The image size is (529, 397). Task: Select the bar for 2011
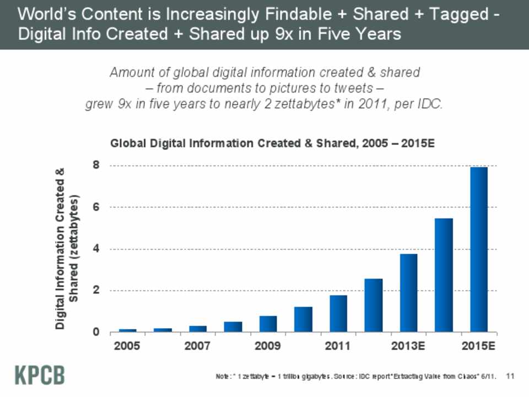pyautogui.click(x=338, y=314)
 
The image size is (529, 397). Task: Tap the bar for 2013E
pyautogui.click(x=408, y=293)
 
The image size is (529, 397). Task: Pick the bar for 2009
pyautogui.click(x=268, y=324)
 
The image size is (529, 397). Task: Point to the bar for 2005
pyautogui.click(x=127, y=330)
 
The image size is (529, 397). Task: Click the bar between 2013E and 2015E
pyautogui.click(x=444, y=275)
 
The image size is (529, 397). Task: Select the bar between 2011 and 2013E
pyautogui.click(x=374, y=305)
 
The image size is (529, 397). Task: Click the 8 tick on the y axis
pyautogui.click(x=96, y=165)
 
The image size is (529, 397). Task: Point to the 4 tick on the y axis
pyautogui.click(x=96, y=249)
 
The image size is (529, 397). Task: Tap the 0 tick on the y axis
pyautogui.click(x=96, y=332)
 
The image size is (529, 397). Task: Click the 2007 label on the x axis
pyautogui.click(x=198, y=347)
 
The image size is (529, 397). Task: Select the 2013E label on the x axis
pyautogui.click(x=408, y=347)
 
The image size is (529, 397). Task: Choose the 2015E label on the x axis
pyautogui.click(x=479, y=347)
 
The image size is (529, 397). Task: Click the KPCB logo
pyautogui.click(x=39, y=375)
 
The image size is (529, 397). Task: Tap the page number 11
pyautogui.click(x=509, y=376)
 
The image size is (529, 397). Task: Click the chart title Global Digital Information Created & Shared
pyautogui.click(x=273, y=143)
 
